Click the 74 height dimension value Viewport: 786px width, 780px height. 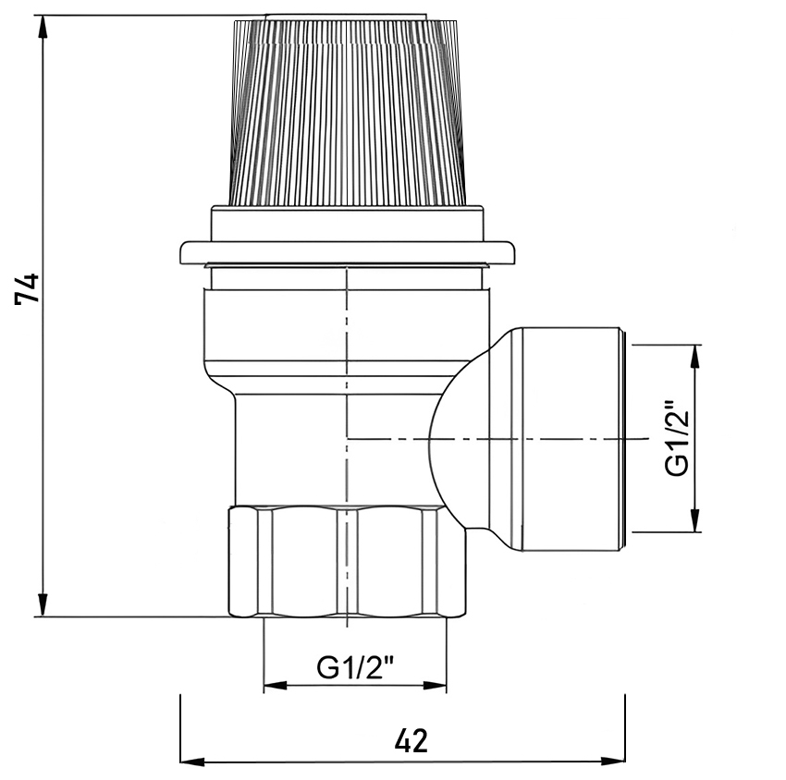point(27,288)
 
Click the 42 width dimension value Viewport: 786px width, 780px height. point(411,740)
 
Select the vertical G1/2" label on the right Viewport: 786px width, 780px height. point(677,437)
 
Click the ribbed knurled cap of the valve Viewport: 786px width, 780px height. point(348,113)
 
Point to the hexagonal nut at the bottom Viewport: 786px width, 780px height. point(348,562)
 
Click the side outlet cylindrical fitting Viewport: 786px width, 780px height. point(571,439)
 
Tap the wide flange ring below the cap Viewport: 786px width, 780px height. point(348,252)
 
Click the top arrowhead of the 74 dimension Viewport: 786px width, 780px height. point(43,26)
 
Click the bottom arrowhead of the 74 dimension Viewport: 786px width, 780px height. point(43,606)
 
